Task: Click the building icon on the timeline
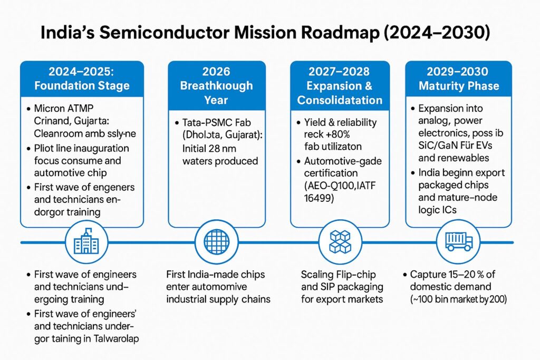click(x=82, y=242)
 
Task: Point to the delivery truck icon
click(x=459, y=242)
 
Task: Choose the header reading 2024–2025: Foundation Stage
click(x=82, y=78)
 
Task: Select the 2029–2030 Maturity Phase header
click(x=459, y=78)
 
